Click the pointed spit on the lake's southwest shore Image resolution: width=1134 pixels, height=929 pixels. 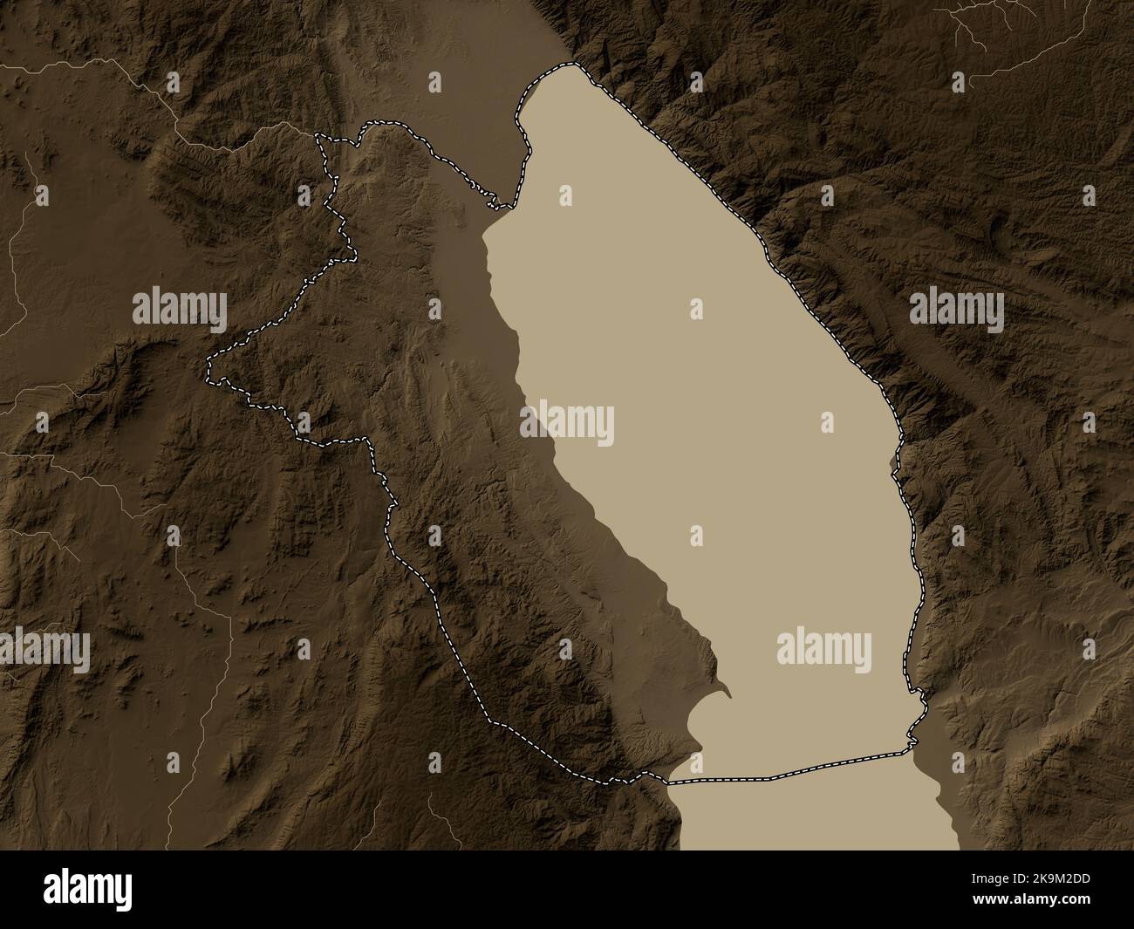tap(725, 693)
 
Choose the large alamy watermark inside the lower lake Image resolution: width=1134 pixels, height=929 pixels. tap(823, 649)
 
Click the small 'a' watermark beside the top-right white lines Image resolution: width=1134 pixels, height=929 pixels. tap(960, 82)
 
